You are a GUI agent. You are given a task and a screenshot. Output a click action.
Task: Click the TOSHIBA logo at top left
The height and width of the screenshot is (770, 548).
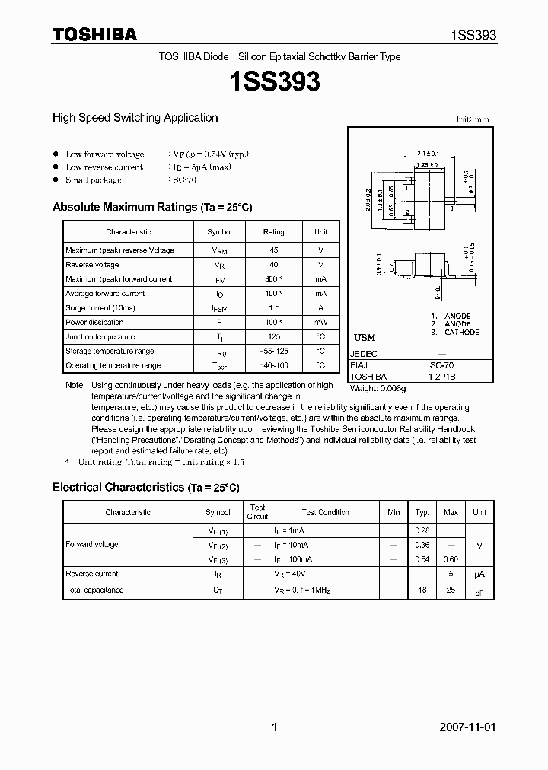[94, 34]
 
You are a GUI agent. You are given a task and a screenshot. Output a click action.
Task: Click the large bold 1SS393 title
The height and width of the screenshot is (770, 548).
[274, 82]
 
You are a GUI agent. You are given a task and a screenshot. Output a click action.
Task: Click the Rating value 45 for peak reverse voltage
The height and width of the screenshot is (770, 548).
[273, 250]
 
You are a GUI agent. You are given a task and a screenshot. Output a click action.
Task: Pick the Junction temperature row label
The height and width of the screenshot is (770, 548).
[100, 337]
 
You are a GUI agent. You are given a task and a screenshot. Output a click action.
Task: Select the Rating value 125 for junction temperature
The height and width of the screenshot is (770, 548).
[273, 337]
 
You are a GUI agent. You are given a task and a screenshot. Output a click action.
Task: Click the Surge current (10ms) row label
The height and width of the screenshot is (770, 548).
[100, 308]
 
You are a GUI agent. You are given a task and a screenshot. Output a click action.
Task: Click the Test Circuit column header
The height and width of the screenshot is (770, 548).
[258, 511]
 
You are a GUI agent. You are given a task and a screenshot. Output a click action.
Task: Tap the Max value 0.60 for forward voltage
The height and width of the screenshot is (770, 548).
[451, 559]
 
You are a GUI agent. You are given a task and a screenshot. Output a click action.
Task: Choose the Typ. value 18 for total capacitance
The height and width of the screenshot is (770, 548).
[422, 590]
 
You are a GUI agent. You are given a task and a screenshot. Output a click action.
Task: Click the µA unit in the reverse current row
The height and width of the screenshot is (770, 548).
[479, 574]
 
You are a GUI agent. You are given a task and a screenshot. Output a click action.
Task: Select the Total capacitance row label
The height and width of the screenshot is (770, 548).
[94, 590]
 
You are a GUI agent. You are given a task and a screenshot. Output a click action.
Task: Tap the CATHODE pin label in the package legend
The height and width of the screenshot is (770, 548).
[461, 332]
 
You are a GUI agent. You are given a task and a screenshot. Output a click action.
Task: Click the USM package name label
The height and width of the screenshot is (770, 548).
[365, 337]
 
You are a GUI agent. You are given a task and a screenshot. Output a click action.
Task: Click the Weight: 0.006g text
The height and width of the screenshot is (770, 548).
[378, 388]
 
